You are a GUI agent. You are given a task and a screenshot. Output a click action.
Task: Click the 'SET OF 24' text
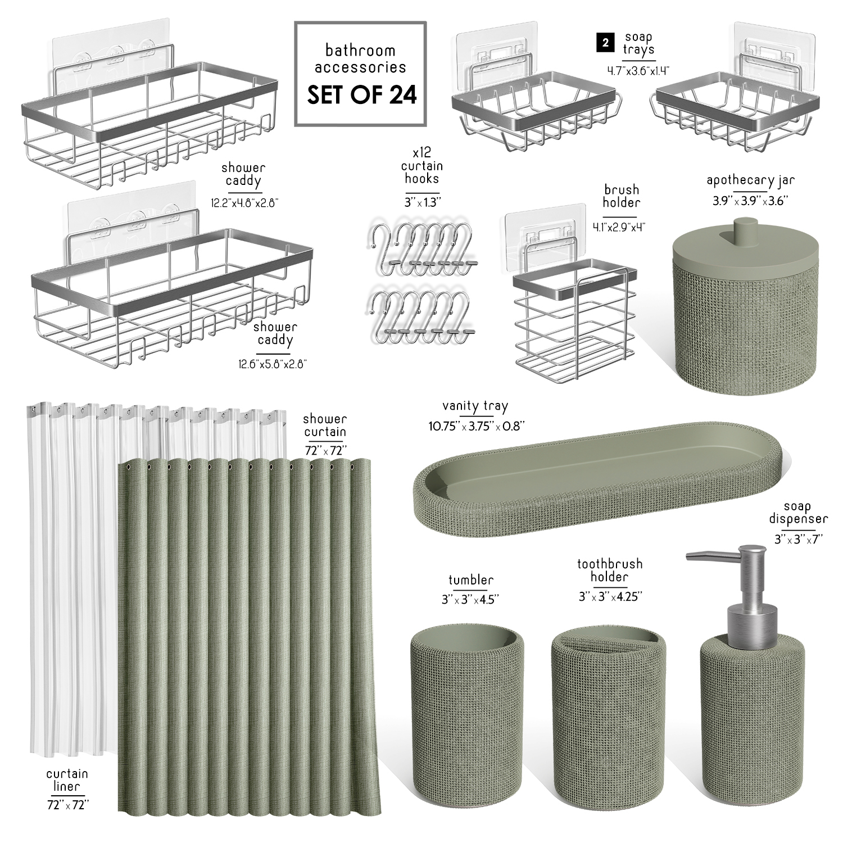[x=361, y=94]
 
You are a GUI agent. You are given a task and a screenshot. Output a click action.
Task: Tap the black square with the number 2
[x=605, y=43]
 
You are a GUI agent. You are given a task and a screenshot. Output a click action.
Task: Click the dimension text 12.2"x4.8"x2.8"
[x=245, y=203]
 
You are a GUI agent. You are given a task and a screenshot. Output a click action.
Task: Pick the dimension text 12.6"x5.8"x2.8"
[x=273, y=364]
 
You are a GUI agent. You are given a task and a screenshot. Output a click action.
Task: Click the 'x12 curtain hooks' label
[x=422, y=166]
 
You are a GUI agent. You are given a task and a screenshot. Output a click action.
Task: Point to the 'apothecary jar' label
[x=750, y=180]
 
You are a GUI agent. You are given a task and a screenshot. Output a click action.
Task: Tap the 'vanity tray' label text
[x=475, y=406]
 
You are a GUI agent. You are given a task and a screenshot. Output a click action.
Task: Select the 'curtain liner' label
[x=67, y=780]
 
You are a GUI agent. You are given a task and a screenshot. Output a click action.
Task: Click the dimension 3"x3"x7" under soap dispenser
[x=798, y=539]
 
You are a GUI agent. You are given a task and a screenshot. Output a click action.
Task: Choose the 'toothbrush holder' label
[x=610, y=570]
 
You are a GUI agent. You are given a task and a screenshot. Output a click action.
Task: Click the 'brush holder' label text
[x=622, y=196]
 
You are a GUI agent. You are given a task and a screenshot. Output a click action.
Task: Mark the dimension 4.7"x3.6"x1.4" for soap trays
[x=638, y=71]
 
